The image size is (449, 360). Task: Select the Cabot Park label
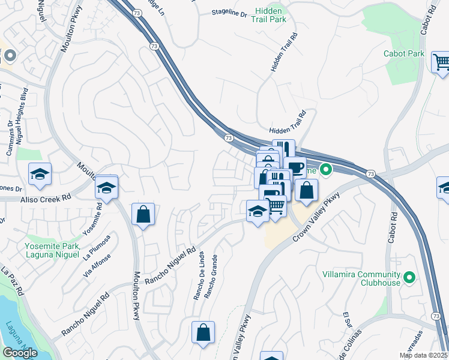[404, 53]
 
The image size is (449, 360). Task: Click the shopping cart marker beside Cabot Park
[441, 62]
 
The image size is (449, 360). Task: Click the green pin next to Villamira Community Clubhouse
[409, 277]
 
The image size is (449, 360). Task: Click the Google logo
[20, 353]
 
